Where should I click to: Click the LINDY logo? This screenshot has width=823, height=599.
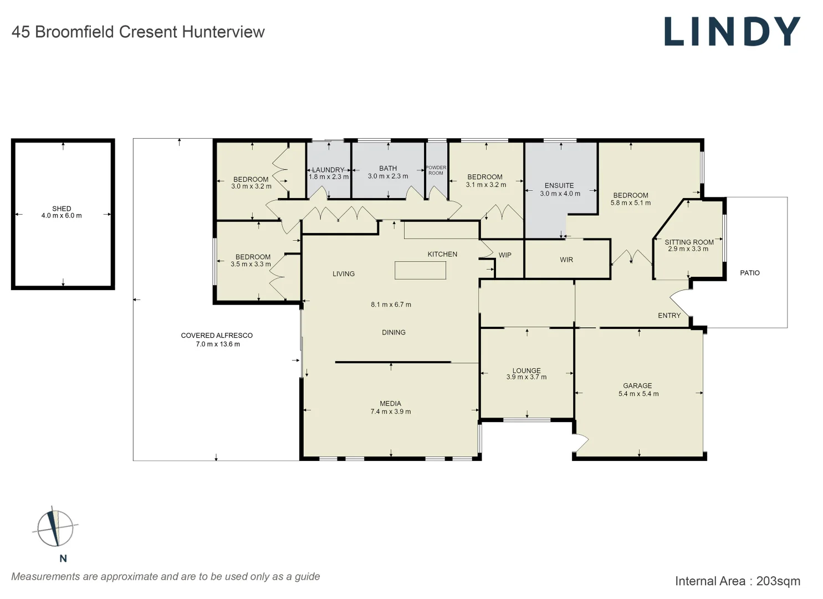(x=732, y=32)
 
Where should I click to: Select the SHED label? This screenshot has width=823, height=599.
(x=62, y=209)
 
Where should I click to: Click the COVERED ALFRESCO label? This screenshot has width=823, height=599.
(x=217, y=336)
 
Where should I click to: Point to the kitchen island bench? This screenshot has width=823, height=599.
(x=420, y=270)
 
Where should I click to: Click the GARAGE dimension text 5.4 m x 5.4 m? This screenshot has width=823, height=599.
(x=638, y=394)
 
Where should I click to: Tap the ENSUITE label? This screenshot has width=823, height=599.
(x=559, y=186)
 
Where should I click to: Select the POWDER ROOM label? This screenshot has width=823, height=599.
(x=436, y=170)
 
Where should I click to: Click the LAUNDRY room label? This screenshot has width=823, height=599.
(x=328, y=170)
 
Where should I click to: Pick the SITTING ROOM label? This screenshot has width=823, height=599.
(x=689, y=242)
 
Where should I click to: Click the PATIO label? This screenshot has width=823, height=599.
(x=750, y=273)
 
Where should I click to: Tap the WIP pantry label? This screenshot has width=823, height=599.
(x=505, y=255)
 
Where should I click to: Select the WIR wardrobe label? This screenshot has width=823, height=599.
(x=566, y=260)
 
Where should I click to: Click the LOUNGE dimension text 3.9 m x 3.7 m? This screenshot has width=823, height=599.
(x=526, y=377)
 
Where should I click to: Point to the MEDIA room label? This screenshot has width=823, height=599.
(x=391, y=404)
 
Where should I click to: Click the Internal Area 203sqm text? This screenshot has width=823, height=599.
(x=737, y=581)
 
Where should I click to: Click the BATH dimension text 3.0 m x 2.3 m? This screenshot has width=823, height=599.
(x=388, y=176)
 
